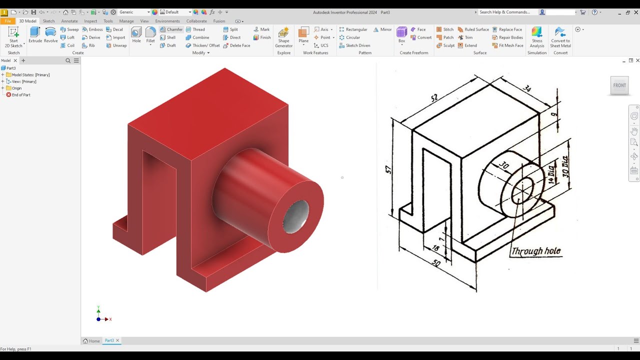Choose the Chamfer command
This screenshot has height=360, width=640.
tap(171, 29)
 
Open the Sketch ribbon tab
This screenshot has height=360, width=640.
tap(48, 21)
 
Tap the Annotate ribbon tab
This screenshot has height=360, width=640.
tap(69, 21)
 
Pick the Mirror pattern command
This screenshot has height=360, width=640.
tap(382, 29)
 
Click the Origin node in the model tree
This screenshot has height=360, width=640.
tap(16, 88)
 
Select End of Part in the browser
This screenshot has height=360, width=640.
tap(20, 94)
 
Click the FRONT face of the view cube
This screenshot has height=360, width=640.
tap(619, 85)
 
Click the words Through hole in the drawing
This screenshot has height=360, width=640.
tap(535, 251)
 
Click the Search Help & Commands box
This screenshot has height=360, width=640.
tap(506, 12)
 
